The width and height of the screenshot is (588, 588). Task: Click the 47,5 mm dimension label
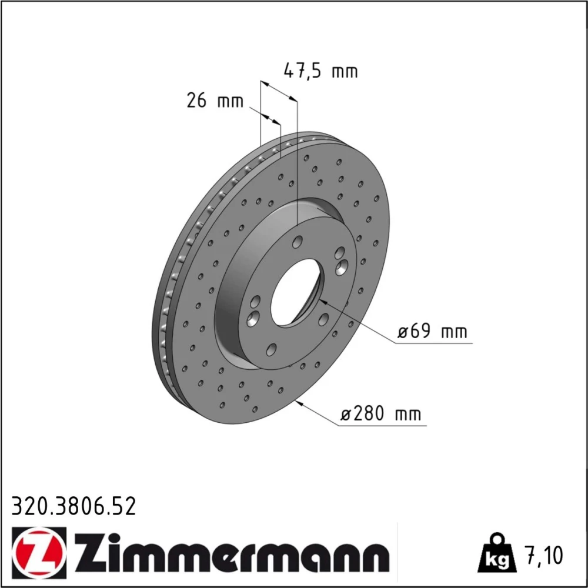pyautogui.click(x=320, y=71)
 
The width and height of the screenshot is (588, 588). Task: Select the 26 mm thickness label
pyautogui.click(x=215, y=101)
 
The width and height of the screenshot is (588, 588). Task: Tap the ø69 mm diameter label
pyautogui.click(x=432, y=332)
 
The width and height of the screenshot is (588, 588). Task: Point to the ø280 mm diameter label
pyautogui.click(x=380, y=414)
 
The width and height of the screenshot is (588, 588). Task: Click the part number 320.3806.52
pyautogui.click(x=73, y=507)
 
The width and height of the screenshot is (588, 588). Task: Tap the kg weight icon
pyautogui.click(x=497, y=553)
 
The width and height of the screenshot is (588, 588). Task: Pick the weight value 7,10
pyautogui.click(x=544, y=556)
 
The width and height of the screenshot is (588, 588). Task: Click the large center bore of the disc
pyautogui.click(x=295, y=292)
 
